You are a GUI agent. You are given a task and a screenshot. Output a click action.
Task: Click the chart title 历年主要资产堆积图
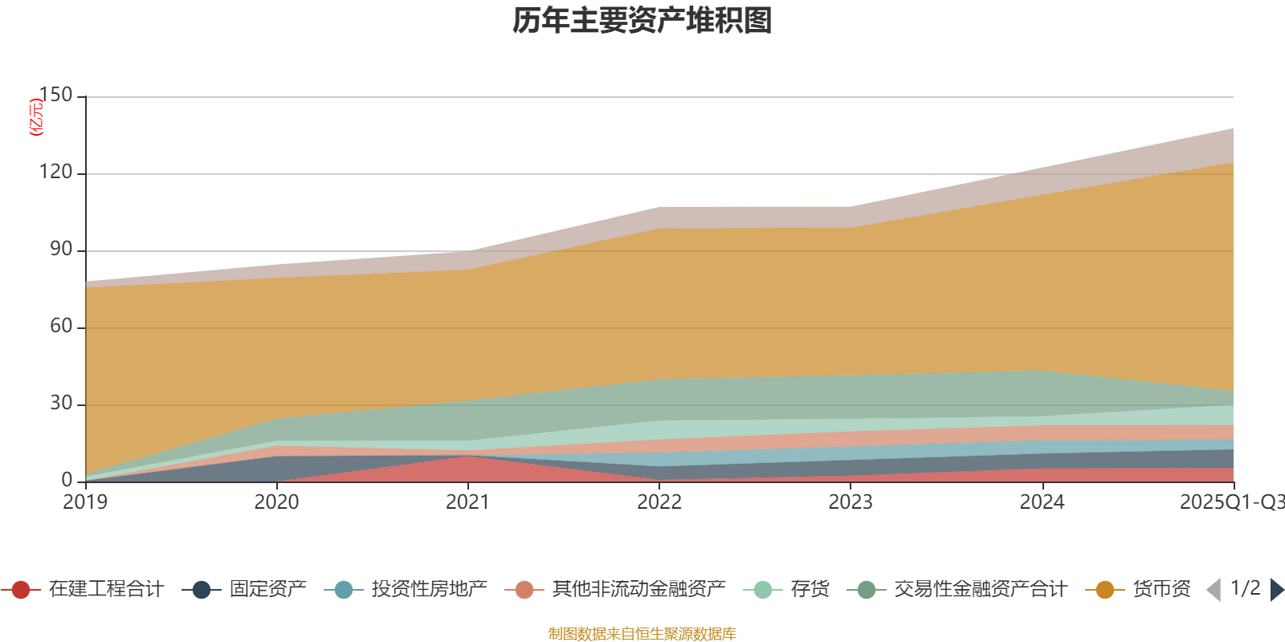tap(642, 21)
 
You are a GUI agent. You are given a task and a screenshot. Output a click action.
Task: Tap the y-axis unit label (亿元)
tap(36, 117)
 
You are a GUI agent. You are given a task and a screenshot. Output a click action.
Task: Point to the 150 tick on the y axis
tap(56, 95)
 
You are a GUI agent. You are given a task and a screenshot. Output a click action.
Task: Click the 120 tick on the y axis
tap(56, 173)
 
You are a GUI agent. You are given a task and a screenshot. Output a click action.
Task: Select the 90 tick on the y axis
tap(61, 250)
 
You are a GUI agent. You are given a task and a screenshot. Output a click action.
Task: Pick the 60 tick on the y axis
tap(61, 327)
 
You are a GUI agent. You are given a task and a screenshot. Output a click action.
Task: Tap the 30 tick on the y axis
tap(61, 404)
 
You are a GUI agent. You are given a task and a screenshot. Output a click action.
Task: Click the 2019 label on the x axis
tap(85, 502)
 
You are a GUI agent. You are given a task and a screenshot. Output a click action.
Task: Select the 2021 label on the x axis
tap(467, 502)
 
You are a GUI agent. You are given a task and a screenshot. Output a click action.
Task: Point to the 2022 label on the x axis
tap(659, 502)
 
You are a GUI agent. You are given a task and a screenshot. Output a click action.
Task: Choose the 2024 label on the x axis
tap(1042, 502)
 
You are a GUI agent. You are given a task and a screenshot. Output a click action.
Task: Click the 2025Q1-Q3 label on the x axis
tap(1231, 502)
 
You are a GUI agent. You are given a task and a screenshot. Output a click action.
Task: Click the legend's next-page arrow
tap(1276, 590)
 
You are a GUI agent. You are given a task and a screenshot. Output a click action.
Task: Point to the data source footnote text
tap(642, 634)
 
